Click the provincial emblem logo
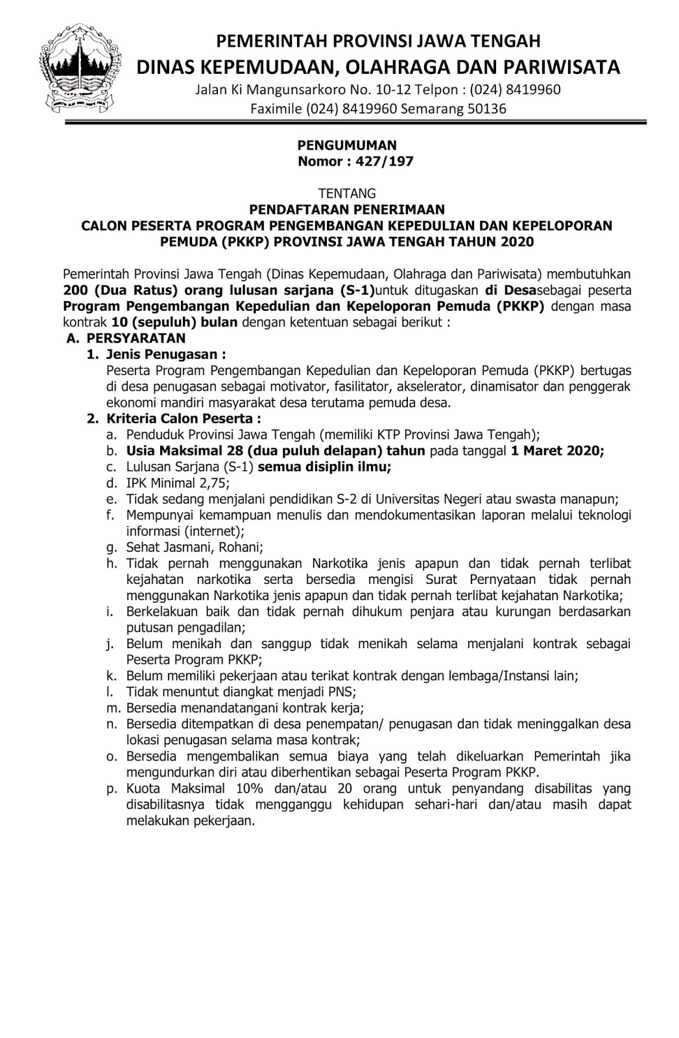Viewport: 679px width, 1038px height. click(81, 66)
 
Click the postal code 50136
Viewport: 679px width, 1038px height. click(484, 108)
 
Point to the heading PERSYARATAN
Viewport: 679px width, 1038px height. click(136, 338)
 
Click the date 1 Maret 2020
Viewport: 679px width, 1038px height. click(557, 451)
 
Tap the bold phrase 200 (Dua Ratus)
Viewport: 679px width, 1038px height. click(117, 290)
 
